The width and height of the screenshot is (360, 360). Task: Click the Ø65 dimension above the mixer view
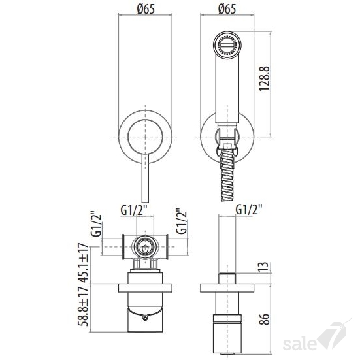[x=146, y=9]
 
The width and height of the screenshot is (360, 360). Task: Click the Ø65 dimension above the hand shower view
[x=227, y=9]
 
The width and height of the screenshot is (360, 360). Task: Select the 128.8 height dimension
[x=264, y=79]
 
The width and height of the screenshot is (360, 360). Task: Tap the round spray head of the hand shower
[x=227, y=44]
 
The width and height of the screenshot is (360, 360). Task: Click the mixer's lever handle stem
[x=145, y=178]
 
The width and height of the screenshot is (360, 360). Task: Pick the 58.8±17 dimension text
[x=83, y=306]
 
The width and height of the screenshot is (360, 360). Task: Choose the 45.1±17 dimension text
[x=83, y=263]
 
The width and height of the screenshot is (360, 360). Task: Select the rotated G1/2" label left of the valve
[x=96, y=224]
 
